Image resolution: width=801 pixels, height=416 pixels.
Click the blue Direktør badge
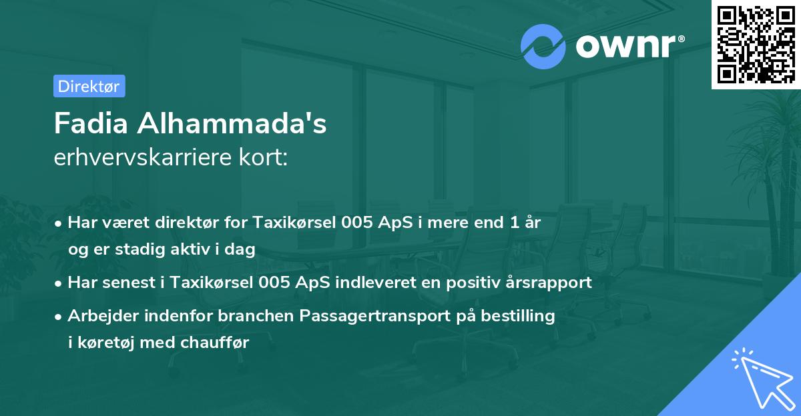pos(88,86)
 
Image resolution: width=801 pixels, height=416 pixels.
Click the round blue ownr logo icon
pos(543,45)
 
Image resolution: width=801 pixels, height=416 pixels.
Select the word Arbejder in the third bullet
pos(99,315)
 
